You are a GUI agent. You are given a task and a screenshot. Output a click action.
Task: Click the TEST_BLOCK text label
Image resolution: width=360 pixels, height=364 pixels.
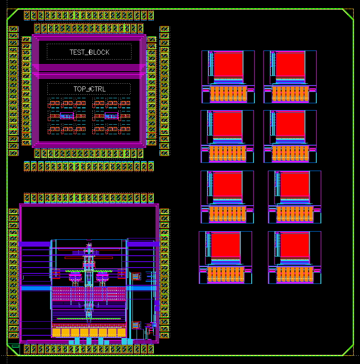89,52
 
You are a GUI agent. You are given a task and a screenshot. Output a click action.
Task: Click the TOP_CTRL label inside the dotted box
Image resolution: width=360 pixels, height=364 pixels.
89,89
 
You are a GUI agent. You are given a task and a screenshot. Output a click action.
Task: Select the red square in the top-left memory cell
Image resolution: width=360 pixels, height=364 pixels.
228,64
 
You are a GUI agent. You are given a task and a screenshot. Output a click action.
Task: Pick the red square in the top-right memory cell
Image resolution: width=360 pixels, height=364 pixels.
290,64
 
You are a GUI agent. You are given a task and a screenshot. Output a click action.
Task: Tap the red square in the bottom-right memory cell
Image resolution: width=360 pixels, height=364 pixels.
295,245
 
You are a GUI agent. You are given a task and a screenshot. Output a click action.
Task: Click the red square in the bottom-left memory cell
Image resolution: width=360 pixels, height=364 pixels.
226,245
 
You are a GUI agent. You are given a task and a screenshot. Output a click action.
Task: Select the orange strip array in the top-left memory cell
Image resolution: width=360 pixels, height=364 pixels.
228,94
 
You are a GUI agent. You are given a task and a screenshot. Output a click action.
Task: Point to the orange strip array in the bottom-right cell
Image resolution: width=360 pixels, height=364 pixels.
295,274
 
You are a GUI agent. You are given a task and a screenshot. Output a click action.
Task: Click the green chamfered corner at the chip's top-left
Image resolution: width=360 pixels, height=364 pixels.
13,15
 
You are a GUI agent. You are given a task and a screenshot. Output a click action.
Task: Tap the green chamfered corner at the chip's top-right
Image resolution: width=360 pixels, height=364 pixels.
348,15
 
